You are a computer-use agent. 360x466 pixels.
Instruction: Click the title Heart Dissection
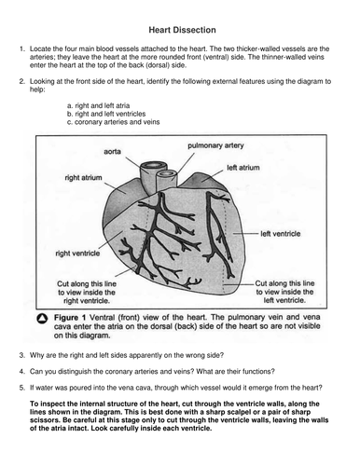tap(182, 30)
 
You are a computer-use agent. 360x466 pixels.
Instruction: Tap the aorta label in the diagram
tap(112, 152)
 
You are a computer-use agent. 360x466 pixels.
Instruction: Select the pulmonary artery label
tap(215, 145)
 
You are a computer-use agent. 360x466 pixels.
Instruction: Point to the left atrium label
tap(243, 168)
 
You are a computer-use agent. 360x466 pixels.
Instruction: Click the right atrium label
tap(83, 178)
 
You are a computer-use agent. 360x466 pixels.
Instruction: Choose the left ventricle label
tap(281, 234)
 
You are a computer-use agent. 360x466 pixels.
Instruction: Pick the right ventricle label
tap(77, 254)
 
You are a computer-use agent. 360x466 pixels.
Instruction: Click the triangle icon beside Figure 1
tap(42, 319)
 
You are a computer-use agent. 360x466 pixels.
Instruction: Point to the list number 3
tap(21, 355)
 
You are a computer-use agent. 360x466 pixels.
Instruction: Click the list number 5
tap(21, 388)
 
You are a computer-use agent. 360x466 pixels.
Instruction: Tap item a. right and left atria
tap(98, 105)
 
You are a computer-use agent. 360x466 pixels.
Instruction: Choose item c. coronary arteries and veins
tap(113, 122)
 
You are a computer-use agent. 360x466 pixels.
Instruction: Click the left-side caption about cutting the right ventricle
tap(87, 293)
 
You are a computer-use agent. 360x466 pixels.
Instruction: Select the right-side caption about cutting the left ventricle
tap(284, 292)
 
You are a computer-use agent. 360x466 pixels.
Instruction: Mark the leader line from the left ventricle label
tap(245, 233)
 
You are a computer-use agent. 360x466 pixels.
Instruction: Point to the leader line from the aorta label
tap(137, 164)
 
